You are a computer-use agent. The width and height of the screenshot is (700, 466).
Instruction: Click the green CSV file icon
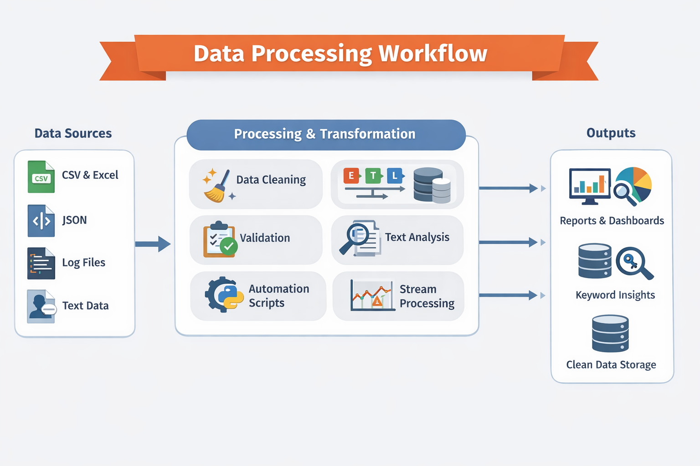(x=41, y=177)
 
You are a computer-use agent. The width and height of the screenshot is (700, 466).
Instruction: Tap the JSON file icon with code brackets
(x=41, y=221)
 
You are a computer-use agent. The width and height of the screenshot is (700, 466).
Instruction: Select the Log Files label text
(x=83, y=263)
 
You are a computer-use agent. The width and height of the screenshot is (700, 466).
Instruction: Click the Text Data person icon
(x=41, y=306)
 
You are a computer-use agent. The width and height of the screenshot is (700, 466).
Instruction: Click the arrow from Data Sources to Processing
(x=153, y=244)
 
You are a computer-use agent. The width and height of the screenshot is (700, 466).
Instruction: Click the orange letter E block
(x=351, y=175)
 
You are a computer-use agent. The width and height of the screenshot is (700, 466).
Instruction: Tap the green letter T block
(x=373, y=175)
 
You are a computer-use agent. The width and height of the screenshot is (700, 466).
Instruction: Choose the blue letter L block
(x=395, y=175)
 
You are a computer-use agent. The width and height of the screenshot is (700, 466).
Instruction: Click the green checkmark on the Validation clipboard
(x=228, y=247)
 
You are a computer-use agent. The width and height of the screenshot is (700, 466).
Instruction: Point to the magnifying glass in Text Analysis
(x=355, y=238)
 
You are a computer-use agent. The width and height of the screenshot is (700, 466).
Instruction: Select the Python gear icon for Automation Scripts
(x=223, y=294)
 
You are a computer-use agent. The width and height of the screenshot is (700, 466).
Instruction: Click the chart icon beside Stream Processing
(x=372, y=295)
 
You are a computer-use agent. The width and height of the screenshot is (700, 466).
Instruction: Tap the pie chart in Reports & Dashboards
(x=635, y=183)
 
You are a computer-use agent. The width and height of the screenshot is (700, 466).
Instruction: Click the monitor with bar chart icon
(x=590, y=186)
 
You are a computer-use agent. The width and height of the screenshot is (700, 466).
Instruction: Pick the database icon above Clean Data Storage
(x=610, y=334)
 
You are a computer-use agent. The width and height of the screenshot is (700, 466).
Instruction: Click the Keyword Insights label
(x=615, y=295)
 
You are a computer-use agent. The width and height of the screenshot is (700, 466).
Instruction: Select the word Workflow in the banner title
(x=433, y=53)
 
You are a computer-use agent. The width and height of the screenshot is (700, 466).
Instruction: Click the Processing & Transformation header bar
(x=326, y=134)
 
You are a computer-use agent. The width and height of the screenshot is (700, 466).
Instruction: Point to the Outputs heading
(x=611, y=133)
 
